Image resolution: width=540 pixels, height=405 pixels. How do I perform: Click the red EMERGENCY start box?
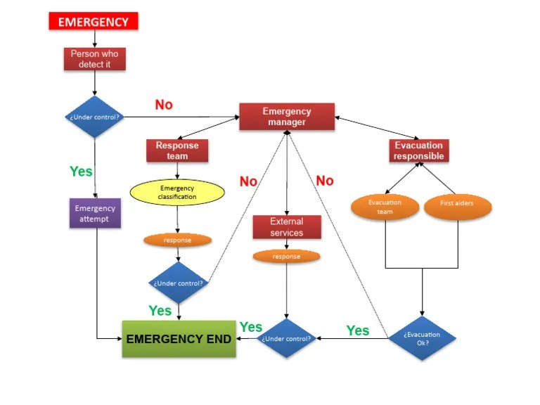click(x=93, y=22)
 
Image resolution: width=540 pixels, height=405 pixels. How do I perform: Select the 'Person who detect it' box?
click(x=95, y=59)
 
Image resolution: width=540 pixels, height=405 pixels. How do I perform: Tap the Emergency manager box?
click(x=286, y=117)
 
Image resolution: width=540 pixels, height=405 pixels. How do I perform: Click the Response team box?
click(x=177, y=150)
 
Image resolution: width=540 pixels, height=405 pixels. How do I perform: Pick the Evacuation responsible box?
click(x=418, y=150)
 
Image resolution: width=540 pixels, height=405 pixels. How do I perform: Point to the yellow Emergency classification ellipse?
click(x=177, y=193)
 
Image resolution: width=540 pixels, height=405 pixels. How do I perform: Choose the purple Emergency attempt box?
click(x=95, y=213)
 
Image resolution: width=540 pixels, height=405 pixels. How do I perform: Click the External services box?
click(x=286, y=227)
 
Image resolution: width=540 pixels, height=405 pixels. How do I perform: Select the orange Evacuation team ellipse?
click(x=385, y=207)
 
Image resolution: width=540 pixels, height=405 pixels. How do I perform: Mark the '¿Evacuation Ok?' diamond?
click(x=422, y=338)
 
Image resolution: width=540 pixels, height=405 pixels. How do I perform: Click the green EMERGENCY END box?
click(x=179, y=339)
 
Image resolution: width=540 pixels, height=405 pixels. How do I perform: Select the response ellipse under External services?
click(x=286, y=257)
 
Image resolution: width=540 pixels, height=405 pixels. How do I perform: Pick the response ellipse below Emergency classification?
click(x=177, y=240)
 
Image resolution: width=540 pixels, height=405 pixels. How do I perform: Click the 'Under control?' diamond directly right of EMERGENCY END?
click(x=286, y=338)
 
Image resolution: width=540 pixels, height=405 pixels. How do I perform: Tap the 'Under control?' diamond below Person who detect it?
click(x=95, y=117)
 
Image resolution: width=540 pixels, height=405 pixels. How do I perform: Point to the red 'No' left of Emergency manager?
click(x=164, y=105)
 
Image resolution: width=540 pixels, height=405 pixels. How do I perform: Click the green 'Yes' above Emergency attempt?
click(x=81, y=171)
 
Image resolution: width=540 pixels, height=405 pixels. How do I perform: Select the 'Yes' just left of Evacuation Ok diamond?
click(x=358, y=330)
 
